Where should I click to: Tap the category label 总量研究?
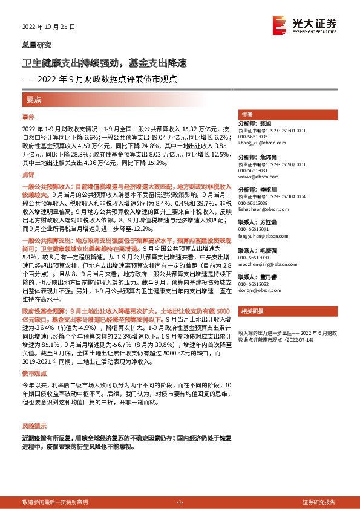36,45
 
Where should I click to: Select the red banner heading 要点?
34,99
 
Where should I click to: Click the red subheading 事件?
28,116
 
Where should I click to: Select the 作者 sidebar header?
247,115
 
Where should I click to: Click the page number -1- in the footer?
179,502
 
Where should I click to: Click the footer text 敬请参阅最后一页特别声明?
54,502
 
